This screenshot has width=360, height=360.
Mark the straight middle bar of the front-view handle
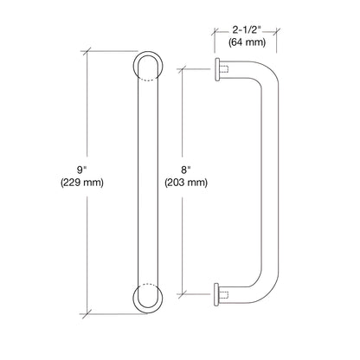147,182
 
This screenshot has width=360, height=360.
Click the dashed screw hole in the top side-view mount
224,67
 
